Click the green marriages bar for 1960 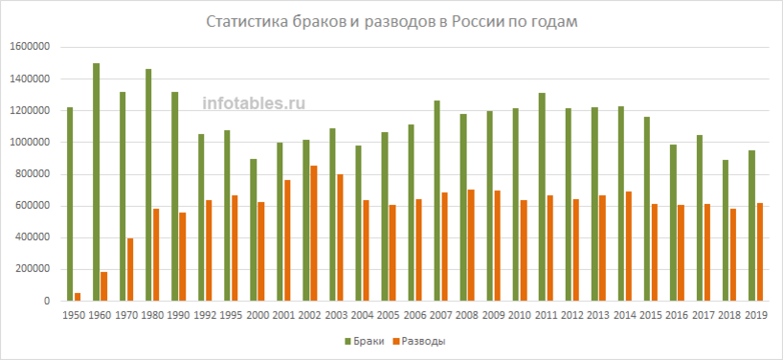(x=97, y=182)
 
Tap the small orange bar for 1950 (x=78, y=297)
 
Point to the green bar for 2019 (x=751, y=225)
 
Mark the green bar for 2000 (x=254, y=230)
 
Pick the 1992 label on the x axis (x=204, y=314)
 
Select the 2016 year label (x=677, y=314)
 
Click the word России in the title (x=476, y=22)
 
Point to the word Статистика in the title (x=249, y=22)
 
